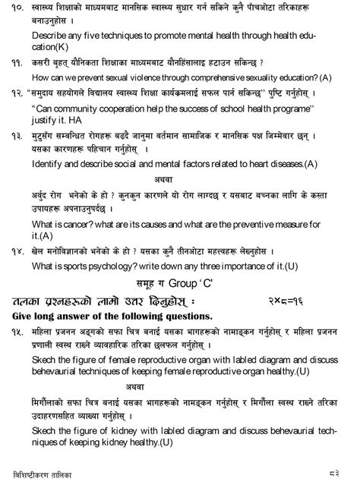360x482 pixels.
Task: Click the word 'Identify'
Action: point(47,163)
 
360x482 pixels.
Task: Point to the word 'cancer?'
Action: point(77,224)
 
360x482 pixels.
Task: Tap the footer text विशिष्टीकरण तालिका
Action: point(42,472)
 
